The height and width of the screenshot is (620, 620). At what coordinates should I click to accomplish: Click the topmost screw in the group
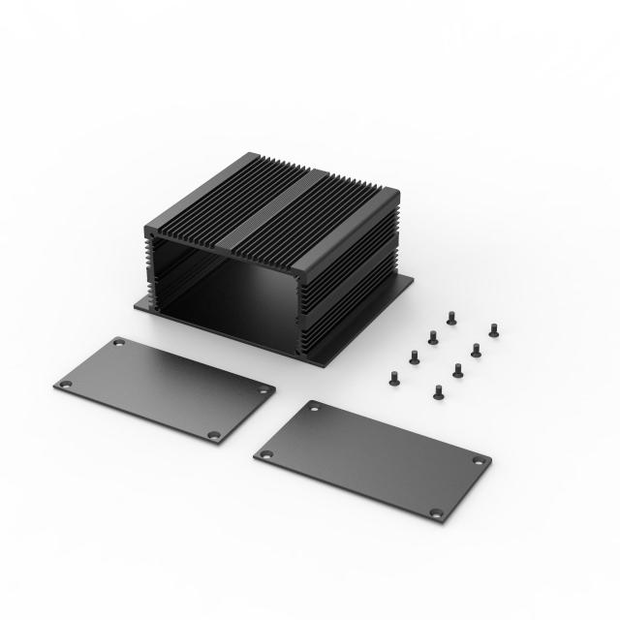pos(451,316)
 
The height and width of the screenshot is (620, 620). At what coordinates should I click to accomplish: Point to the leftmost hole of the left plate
pos(64,386)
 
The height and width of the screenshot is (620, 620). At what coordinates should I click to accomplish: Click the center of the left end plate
pos(164,388)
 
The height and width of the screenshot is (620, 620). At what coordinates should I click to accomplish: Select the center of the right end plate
pos(372,459)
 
